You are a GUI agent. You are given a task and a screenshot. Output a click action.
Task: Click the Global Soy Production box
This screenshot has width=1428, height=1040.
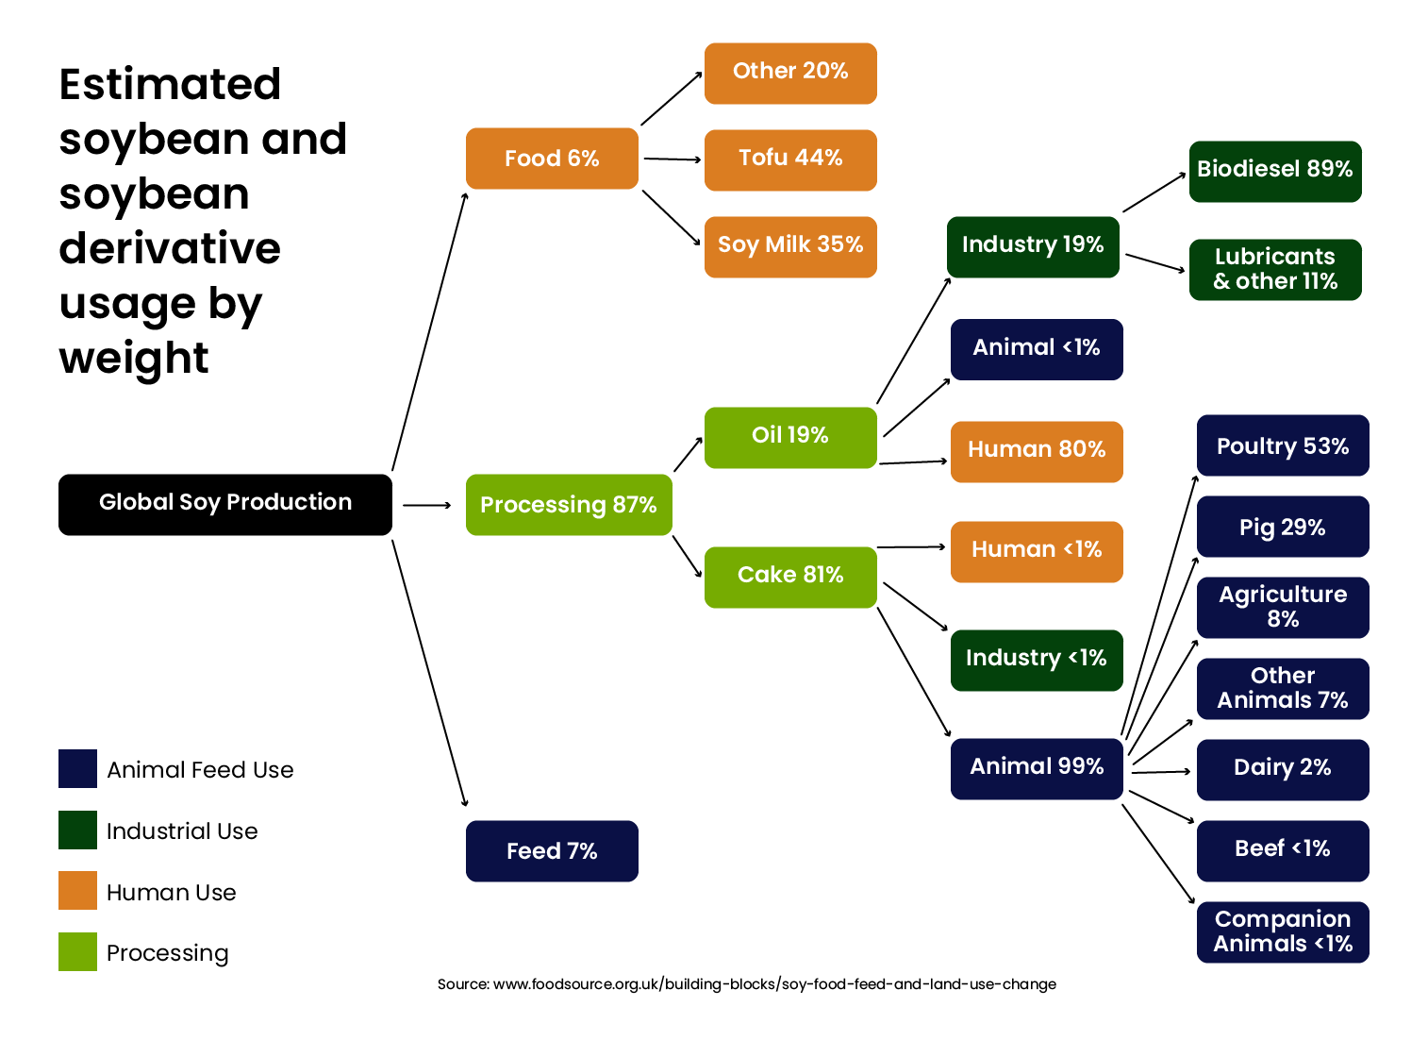pyautogui.click(x=225, y=505)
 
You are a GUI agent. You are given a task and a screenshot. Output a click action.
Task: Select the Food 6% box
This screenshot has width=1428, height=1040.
pyautogui.click(x=552, y=159)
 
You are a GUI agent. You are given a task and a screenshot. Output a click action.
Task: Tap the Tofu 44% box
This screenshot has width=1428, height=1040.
pyautogui.click(x=790, y=160)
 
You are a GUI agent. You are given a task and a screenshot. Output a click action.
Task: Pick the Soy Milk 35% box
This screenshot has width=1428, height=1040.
pyautogui.click(x=790, y=247)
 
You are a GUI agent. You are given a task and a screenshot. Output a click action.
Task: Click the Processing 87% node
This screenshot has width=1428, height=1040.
pyautogui.click(x=569, y=505)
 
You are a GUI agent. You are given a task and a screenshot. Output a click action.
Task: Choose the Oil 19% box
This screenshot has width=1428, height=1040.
pyautogui.click(x=790, y=438)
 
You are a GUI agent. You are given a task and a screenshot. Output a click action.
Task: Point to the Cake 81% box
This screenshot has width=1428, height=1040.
pyautogui.click(x=790, y=578)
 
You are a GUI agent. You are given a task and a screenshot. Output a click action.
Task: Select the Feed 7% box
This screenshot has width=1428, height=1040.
pyautogui.click(x=552, y=851)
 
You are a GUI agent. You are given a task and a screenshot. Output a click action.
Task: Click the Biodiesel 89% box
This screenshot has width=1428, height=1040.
pyautogui.click(x=1275, y=172)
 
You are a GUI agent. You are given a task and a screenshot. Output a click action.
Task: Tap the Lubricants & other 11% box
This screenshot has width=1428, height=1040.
pyautogui.click(x=1275, y=270)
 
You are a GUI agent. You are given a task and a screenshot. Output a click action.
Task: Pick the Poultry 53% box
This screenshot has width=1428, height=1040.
pyautogui.click(x=1283, y=445)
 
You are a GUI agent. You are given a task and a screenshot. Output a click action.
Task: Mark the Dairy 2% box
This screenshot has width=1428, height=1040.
pyautogui.click(x=1283, y=770)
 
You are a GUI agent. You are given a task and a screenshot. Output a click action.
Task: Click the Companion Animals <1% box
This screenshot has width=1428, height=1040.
pyautogui.click(x=1283, y=932)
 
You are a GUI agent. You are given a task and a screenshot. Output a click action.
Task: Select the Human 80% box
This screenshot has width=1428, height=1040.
pyautogui.click(x=1037, y=452)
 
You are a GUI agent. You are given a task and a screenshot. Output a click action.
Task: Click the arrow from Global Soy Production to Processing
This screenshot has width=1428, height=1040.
pyautogui.click(x=427, y=505)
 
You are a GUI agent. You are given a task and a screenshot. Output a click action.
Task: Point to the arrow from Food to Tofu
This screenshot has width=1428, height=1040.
pyautogui.click(x=672, y=159)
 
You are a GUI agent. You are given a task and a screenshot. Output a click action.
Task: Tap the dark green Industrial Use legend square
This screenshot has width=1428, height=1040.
pyautogui.click(x=77, y=830)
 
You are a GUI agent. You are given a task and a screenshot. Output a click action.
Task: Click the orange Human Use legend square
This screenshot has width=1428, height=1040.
pyautogui.click(x=77, y=890)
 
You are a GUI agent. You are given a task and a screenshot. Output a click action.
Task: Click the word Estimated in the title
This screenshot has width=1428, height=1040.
pyautogui.click(x=170, y=84)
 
